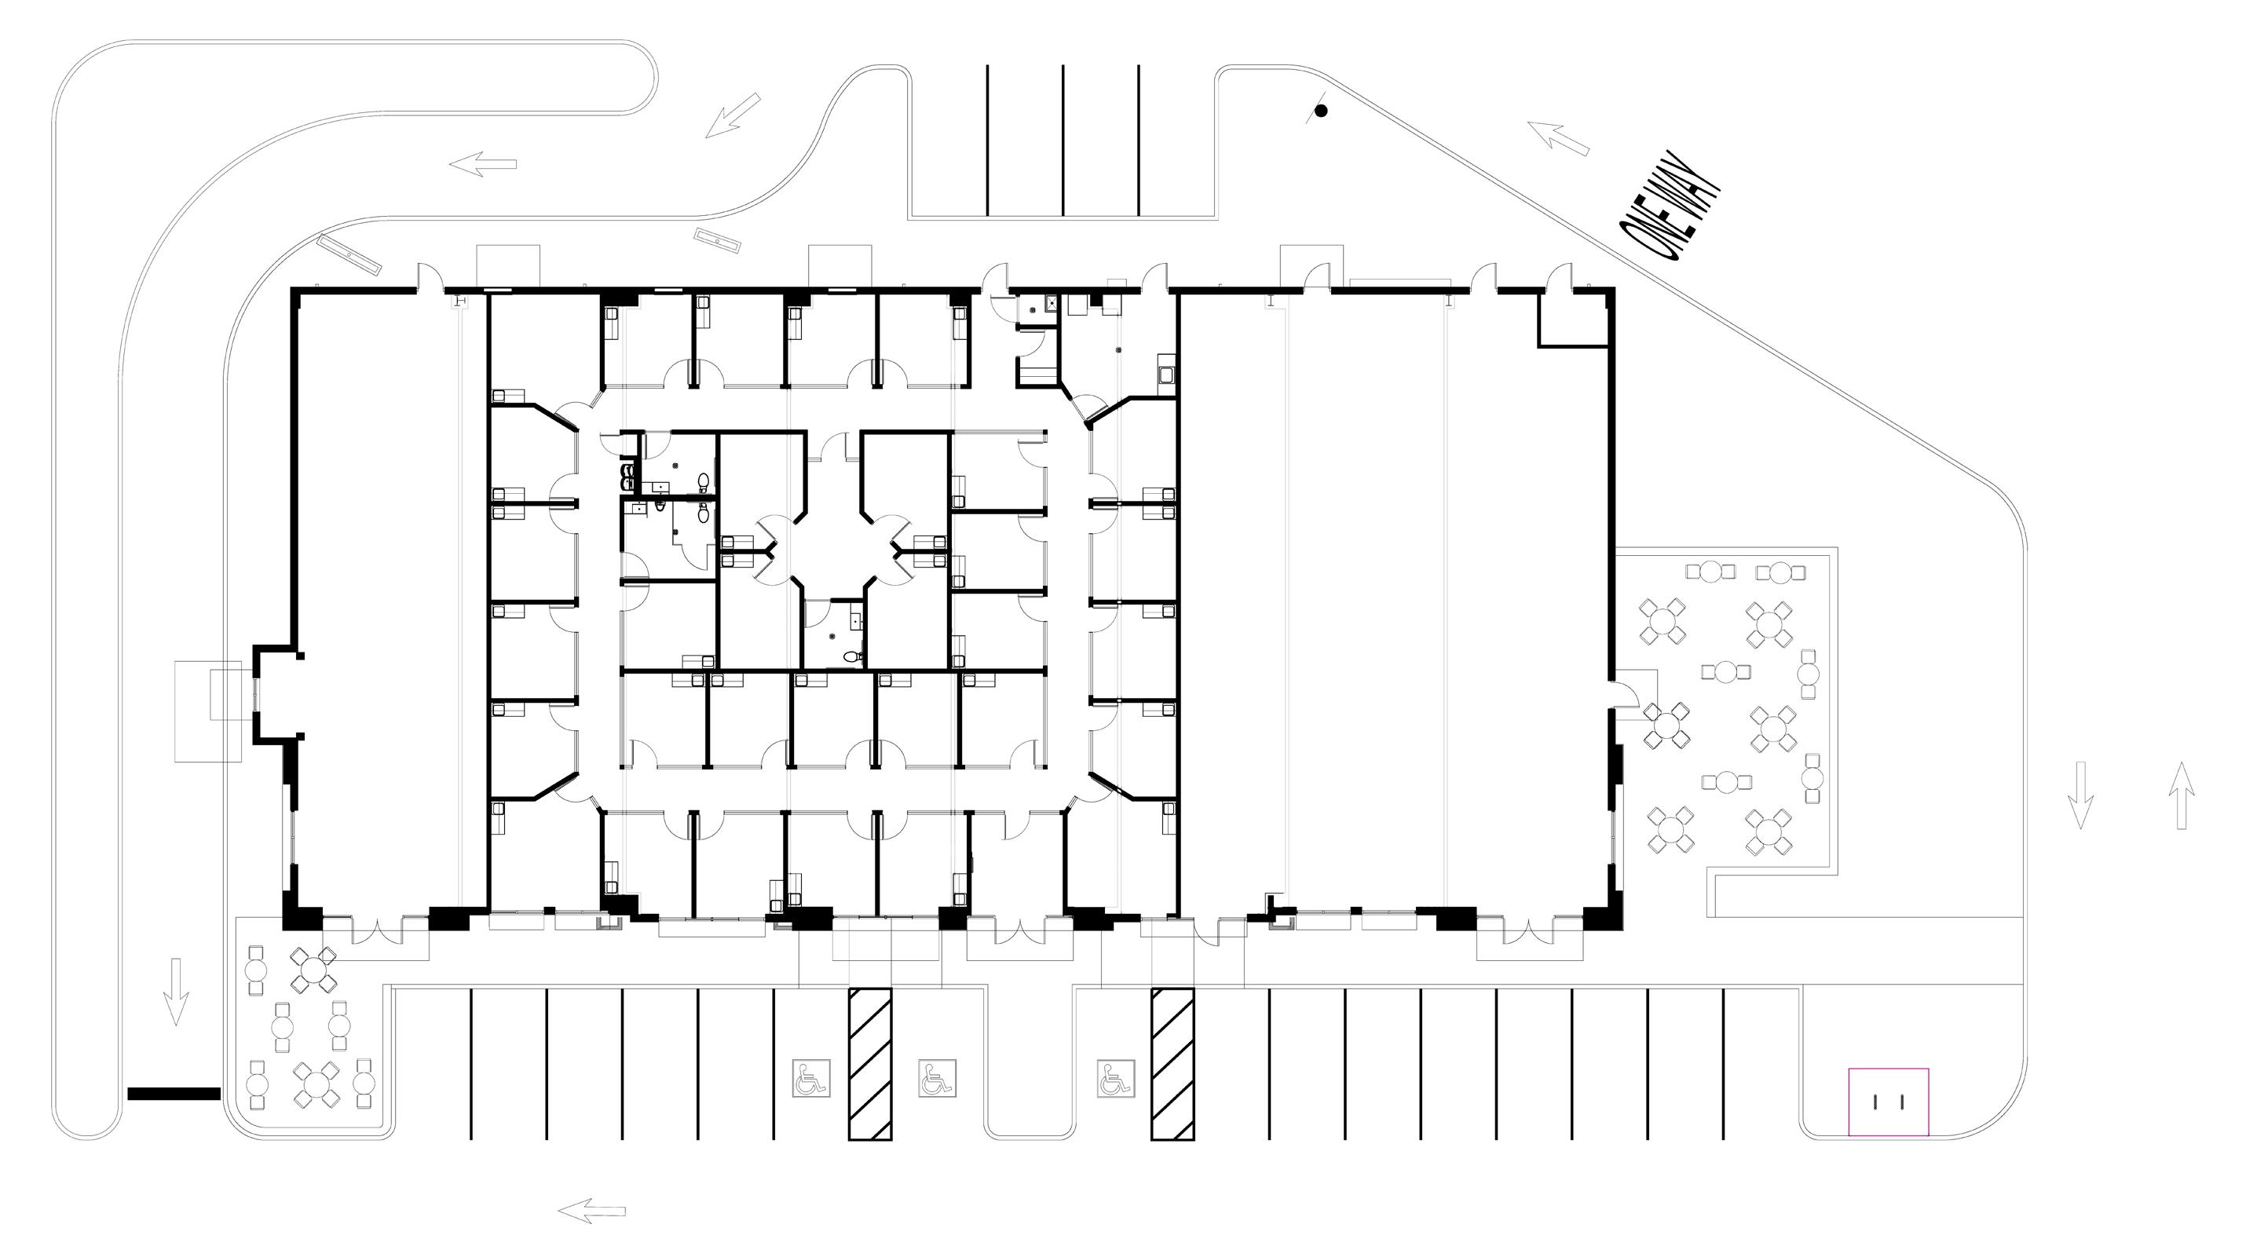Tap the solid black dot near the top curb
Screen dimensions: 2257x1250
coord(1321,111)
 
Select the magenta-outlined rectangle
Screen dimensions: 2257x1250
coord(1888,1102)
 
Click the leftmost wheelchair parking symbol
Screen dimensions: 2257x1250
coord(810,1078)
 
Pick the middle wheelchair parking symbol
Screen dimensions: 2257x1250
coord(937,1078)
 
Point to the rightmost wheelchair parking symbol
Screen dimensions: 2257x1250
coord(1116,1078)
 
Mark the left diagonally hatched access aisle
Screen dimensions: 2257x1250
coord(870,1064)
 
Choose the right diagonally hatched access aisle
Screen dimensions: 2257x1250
coord(1172,1064)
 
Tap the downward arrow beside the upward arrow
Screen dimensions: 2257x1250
coord(2080,795)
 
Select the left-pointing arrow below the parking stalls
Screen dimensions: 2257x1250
coord(592,1212)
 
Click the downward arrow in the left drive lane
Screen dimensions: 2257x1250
coord(176,991)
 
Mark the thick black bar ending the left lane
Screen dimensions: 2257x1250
coord(174,1094)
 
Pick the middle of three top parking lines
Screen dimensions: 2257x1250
coord(1063,141)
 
